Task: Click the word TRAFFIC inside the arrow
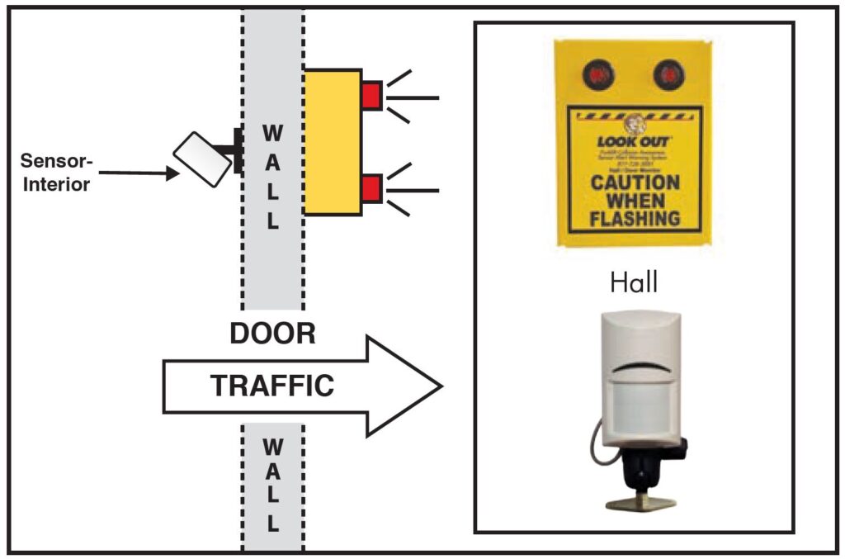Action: [x=272, y=386]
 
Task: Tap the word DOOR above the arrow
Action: [x=272, y=333]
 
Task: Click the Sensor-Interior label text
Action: [x=55, y=172]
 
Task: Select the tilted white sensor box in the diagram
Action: [x=202, y=159]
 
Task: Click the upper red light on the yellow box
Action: [x=371, y=95]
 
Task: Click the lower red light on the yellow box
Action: [x=371, y=188]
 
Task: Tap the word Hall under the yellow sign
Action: [x=634, y=283]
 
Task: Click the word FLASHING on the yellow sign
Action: [x=635, y=219]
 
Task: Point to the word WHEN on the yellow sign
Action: [x=635, y=201]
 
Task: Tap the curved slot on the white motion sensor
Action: [x=642, y=365]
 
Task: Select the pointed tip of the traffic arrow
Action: [x=440, y=386]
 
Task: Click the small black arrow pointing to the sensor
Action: [x=171, y=173]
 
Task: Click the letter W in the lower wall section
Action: [x=272, y=447]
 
